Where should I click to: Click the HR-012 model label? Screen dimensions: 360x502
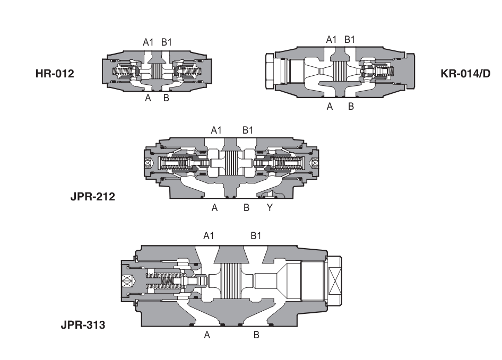point(55,74)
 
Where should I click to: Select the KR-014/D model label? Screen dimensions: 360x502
point(465,74)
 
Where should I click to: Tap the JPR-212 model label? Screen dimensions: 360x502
point(93,197)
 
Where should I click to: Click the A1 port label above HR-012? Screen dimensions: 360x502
point(149,42)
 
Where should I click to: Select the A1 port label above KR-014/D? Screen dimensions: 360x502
point(331,39)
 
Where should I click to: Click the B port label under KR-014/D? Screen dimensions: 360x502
point(351,107)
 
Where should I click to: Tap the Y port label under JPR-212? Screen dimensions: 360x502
point(270,208)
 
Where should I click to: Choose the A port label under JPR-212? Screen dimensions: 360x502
point(214,208)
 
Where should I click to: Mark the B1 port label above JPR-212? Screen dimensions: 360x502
point(248,130)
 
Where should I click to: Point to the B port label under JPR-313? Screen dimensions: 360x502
point(256,335)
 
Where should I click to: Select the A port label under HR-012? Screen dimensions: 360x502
point(148,98)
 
